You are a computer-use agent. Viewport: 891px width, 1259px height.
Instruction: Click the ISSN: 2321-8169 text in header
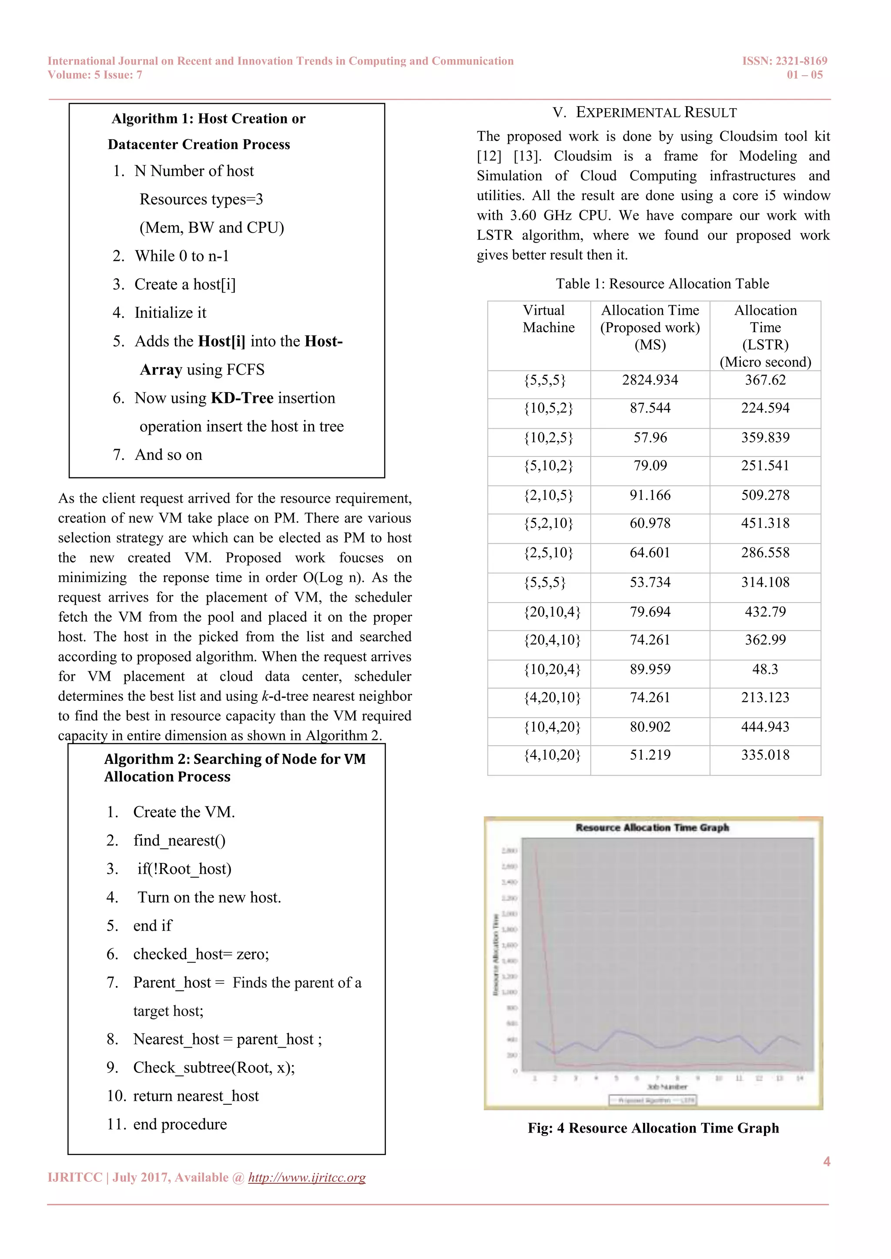784,61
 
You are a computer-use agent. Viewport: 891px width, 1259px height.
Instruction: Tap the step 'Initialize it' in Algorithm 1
170,313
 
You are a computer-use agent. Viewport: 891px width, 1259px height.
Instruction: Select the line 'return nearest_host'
196,1096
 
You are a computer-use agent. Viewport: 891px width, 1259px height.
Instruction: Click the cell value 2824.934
650,380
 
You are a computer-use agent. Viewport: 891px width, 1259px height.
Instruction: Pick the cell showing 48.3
765,669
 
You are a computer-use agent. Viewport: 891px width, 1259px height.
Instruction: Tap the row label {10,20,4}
552,669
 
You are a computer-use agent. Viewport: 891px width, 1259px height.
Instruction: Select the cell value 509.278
765,495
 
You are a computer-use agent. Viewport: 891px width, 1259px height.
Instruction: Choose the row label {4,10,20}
552,755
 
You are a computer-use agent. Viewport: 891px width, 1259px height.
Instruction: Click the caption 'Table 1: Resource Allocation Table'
662,283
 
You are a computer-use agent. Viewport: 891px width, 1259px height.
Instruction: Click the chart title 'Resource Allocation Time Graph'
652,827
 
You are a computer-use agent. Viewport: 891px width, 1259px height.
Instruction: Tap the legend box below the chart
652,1100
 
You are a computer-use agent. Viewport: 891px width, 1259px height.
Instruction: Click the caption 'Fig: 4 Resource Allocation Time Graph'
653,1128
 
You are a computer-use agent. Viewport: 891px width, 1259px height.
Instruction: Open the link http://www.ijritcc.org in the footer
307,1177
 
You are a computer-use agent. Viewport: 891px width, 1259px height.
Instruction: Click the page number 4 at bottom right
826,1161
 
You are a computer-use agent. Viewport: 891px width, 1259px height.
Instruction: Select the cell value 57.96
650,438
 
